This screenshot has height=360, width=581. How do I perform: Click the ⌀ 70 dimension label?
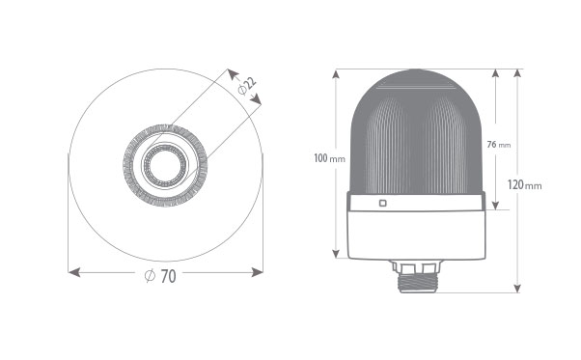tap(160, 276)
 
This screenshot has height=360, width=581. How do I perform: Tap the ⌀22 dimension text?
tap(247, 86)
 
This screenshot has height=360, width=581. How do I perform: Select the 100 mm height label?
tap(329, 158)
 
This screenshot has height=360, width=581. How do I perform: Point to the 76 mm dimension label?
tap(499, 145)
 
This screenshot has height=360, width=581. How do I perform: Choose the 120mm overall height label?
tap(524, 184)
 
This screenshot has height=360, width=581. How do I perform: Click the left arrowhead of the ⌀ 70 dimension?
tap(74, 272)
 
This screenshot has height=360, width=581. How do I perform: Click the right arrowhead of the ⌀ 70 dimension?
tap(257, 272)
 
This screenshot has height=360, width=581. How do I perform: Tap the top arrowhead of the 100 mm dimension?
tap(336, 74)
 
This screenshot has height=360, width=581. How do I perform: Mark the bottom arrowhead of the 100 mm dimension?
tap(336, 253)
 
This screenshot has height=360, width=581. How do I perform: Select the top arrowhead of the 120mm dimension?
tap(517, 73)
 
